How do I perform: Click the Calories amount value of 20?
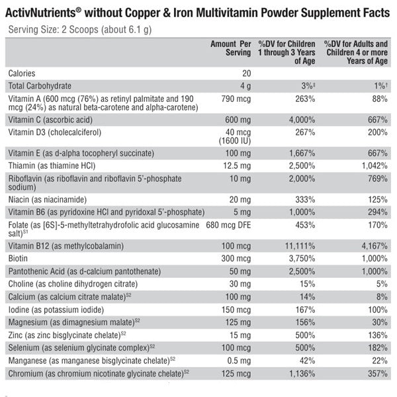246,73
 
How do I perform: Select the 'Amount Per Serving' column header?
231,48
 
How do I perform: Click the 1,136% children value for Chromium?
299,375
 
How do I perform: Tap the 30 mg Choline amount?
240,284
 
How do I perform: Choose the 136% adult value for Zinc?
376,334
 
